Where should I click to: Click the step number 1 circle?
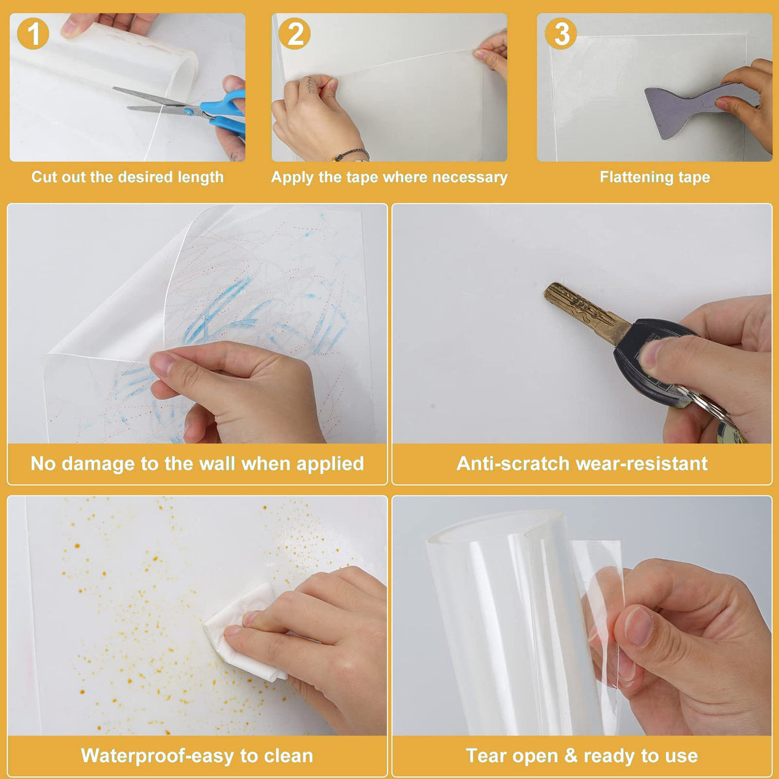click(x=33, y=34)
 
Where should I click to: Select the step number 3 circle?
click(x=561, y=34)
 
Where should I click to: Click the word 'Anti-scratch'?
click(x=513, y=464)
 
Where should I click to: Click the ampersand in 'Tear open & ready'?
click(x=571, y=756)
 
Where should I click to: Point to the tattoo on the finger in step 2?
click(x=310, y=85)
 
